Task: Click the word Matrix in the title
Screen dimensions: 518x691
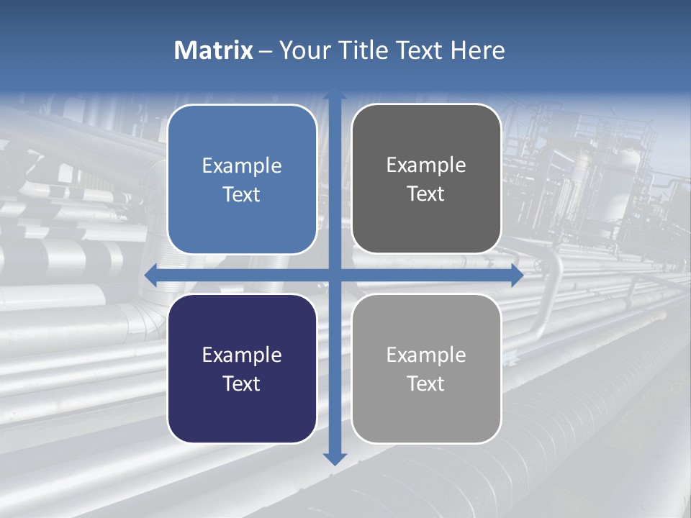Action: (214, 50)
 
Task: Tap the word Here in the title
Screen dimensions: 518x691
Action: (478, 50)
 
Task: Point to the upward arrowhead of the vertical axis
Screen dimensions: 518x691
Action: (335, 94)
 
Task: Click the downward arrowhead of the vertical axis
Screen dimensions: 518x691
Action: (335, 458)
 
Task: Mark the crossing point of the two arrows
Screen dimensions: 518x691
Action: (335, 276)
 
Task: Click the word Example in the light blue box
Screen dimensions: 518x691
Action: (242, 165)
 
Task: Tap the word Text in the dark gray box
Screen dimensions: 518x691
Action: (426, 194)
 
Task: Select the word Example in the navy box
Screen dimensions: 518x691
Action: (242, 355)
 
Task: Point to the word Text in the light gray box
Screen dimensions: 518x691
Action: (426, 383)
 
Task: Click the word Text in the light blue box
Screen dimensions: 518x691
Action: (242, 195)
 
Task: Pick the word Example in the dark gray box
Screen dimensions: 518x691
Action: (426, 165)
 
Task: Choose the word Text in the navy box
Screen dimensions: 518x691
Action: (242, 383)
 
